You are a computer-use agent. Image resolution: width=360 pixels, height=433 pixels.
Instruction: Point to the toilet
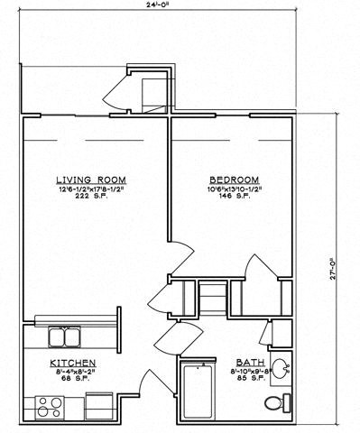[x=287, y=401]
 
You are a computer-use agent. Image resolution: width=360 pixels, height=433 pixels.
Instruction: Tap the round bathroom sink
[x=282, y=369]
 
